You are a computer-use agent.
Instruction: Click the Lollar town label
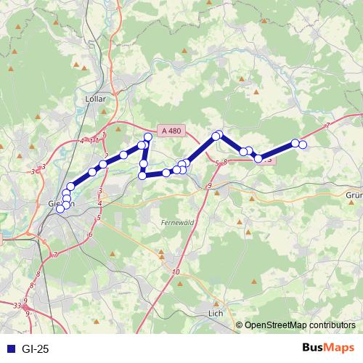(x=95, y=98)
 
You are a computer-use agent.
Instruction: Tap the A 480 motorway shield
(x=172, y=131)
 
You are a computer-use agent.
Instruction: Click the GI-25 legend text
(x=36, y=349)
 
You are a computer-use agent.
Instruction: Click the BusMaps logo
(x=329, y=348)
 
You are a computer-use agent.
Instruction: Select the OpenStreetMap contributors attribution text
(x=300, y=325)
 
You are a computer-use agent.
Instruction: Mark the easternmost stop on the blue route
(x=303, y=145)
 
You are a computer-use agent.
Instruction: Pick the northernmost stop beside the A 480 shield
(x=148, y=136)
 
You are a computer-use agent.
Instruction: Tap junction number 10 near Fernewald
(x=176, y=272)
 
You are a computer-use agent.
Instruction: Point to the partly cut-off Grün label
(x=354, y=195)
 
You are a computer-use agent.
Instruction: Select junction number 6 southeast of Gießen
(x=91, y=234)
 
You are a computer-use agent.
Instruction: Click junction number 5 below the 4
(x=99, y=217)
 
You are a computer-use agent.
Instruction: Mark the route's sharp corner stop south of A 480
(x=142, y=175)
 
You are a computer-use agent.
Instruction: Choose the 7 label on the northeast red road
(x=327, y=126)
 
